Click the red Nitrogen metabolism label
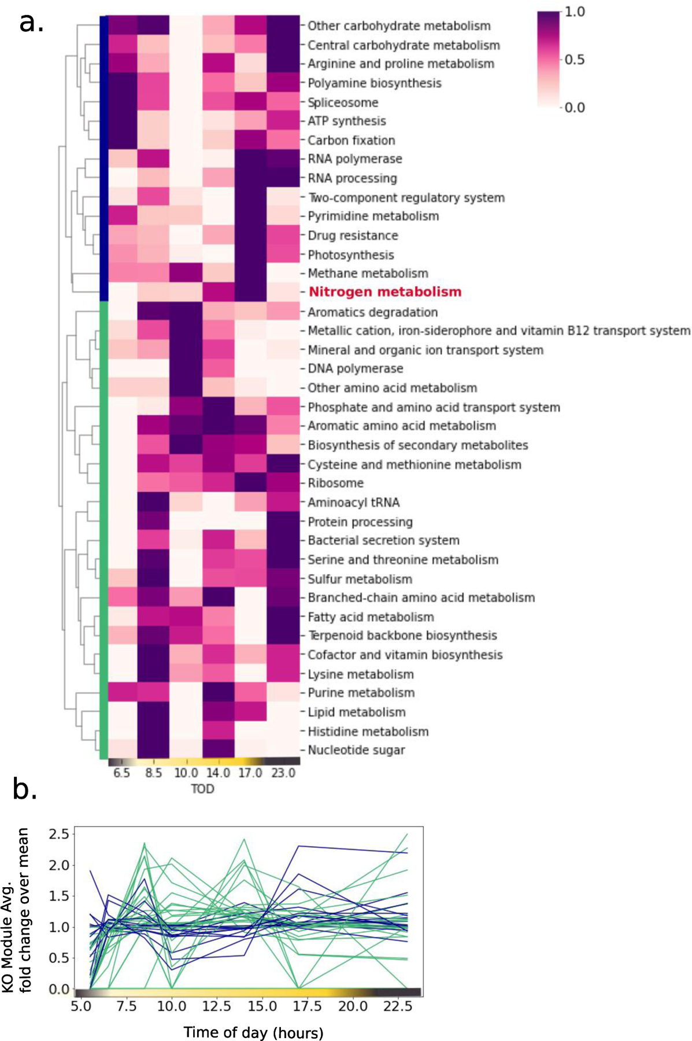(385, 292)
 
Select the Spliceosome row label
(343, 102)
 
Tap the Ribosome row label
(335, 483)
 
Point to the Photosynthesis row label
(350, 254)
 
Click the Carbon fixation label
(351, 140)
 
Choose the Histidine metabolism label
(368, 732)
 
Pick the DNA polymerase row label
(355, 368)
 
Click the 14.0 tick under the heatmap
(218, 773)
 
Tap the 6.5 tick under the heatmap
(121, 773)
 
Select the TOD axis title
(202, 789)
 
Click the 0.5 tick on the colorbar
(574, 60)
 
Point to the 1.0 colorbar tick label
(574, 12)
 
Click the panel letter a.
(31, 23)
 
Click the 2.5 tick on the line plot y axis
(59, 834)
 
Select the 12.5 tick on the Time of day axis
(216, 1006)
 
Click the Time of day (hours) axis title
(253, 1032)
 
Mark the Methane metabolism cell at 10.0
(186, 273)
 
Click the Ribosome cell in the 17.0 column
(250, 483)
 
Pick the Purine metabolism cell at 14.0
(218, 693)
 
